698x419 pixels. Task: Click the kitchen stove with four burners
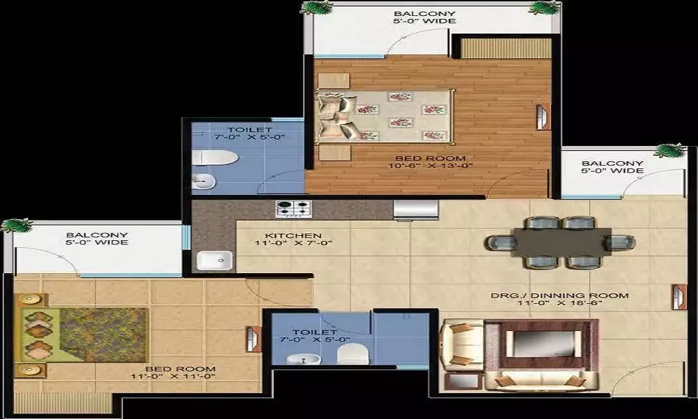pyautogui.click(x=294, y=208)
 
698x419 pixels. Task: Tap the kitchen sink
pyautogui.click(x=214, y=260)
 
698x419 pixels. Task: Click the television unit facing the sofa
pyautogui.click(x=541, y=343)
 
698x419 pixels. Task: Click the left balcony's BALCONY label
pyautogui.click(x=96, y=235)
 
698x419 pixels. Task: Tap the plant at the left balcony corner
pyautogui.click(x=16, y=226)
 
